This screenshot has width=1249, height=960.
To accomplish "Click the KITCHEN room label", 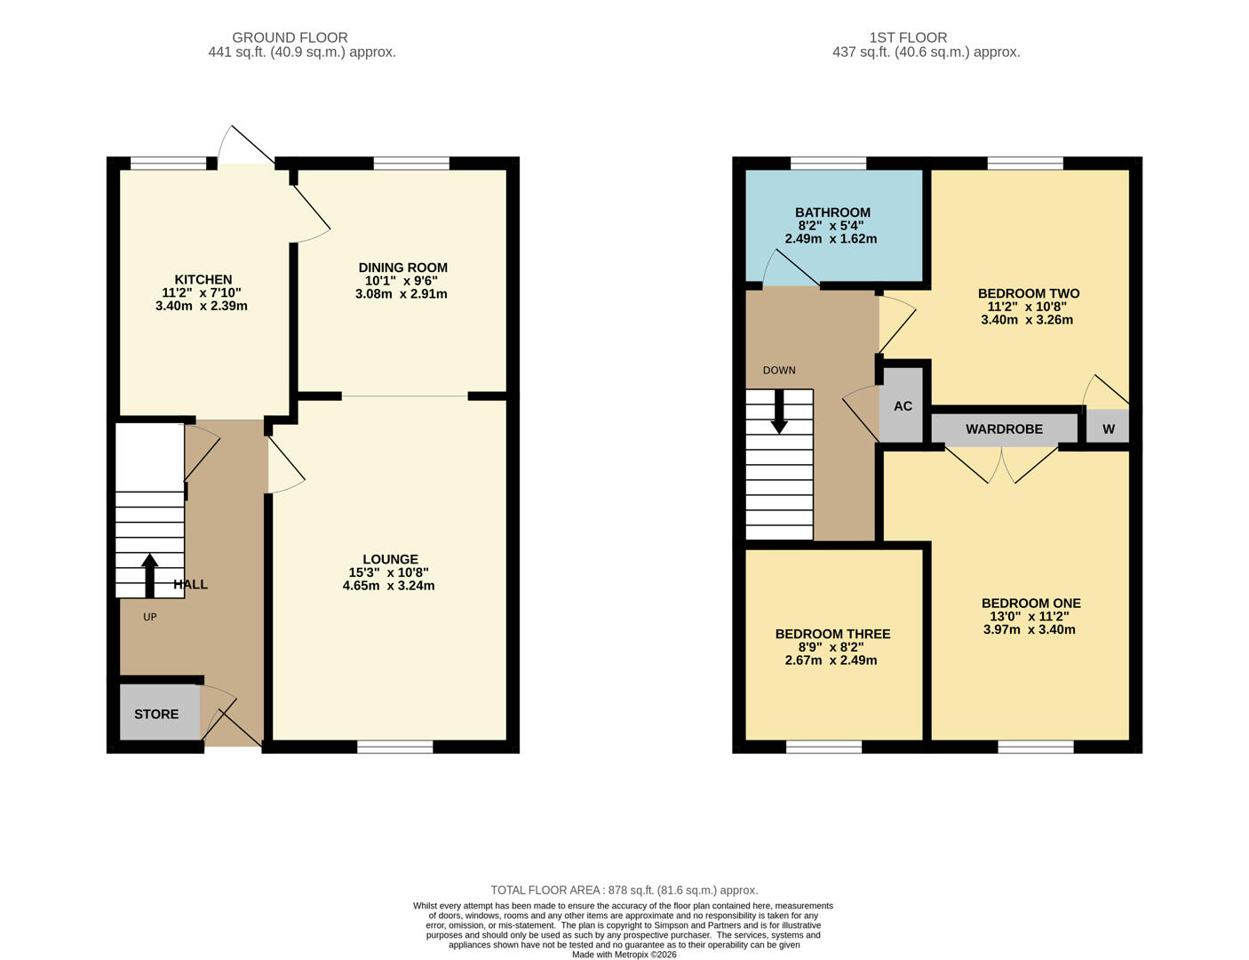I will tap(203, 280).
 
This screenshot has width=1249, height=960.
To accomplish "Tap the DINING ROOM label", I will tap(402, 268).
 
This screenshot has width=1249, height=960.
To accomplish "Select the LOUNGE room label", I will tap(390, 560).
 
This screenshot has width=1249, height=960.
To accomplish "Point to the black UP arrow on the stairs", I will tap(149, 575).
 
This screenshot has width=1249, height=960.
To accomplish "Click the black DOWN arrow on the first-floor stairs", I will tap(779, 412).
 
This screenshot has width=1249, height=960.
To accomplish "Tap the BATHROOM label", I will tap(832, 212).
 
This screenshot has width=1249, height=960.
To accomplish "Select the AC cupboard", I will tap(903, 406).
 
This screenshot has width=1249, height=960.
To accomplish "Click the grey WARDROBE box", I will tap(1004, 429).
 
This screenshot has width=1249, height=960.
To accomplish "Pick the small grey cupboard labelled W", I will tap(1108, 428).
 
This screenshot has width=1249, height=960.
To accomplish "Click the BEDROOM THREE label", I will tap(832, 634).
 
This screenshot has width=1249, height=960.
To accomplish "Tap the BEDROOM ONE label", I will tap(1030, 604).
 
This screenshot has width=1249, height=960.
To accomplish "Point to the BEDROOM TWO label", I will tap(1028, 293).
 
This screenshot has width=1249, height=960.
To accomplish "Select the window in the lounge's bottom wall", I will tap(394, 747).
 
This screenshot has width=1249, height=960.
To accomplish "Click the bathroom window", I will tap(828, 163).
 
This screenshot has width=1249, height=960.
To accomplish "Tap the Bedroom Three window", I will tap(823, 747).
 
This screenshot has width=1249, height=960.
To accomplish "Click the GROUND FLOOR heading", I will tap(290, 37).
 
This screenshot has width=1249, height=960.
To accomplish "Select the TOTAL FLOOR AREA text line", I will tap(624, 890).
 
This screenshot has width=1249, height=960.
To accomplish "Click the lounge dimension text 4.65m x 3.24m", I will tap(388, 586).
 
